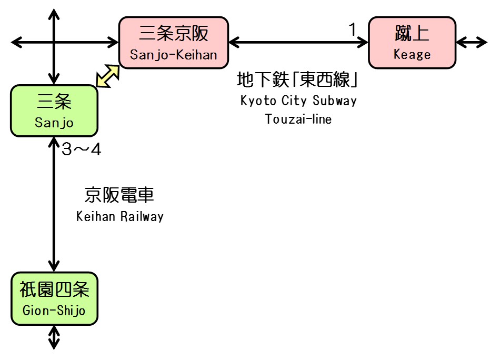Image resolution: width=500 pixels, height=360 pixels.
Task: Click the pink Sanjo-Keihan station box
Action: pos(174,43)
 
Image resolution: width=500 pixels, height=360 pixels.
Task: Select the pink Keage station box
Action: pos(412,43)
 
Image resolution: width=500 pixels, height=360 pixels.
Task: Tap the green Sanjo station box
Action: pos(54,110)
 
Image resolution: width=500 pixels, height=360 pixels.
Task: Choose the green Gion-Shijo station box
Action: pos(54,298)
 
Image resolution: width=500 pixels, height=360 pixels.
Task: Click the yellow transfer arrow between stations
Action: pos(108,76)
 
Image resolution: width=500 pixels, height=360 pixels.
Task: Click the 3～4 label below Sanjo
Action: pos(81,150)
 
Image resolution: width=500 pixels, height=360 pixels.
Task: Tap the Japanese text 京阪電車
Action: pos(119,196)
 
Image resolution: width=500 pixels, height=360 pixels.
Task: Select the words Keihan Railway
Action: pos(119,216)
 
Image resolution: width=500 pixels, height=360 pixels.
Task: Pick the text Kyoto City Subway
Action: pos(298,101)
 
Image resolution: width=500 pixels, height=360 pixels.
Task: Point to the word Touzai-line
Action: pos(298,119)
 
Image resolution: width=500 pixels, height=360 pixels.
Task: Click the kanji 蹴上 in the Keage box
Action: pos(412,34)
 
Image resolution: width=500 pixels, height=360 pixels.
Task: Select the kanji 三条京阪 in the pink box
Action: pos(174,34)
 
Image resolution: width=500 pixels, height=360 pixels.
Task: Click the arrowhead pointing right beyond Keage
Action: pos(482,42)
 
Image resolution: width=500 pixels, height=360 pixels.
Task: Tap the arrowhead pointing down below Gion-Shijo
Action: pos(54,345)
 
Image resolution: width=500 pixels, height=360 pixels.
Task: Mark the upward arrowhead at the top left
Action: pos(54,12)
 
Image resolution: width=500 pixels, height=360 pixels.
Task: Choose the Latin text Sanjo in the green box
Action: pos(54,123)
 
